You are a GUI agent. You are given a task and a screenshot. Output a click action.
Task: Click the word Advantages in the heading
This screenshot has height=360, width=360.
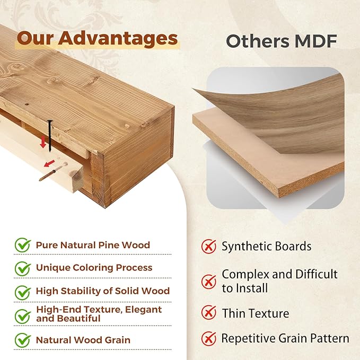pyautogui.click(x=118, y=38)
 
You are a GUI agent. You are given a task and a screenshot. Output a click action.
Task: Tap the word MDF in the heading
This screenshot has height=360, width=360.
pyautogui.click(x=315, y=41)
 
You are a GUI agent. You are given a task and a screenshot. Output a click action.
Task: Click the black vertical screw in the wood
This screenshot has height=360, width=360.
pyautogui.click(x=50, y=136)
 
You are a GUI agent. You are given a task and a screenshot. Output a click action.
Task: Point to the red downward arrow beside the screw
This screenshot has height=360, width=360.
pyautogui.click(x=43, y=142)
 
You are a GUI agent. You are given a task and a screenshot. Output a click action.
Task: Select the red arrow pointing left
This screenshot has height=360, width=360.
pyautogui.click(x=49, y=163)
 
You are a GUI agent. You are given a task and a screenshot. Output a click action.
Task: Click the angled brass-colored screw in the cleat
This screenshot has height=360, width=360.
pyautogui.click(x=53, y=171)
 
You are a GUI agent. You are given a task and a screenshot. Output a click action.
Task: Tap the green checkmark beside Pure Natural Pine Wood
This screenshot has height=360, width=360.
pyautogui.click(x=23, y=245)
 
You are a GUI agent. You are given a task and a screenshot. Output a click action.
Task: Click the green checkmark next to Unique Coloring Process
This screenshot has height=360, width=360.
pyautogui.click(x=23, y=268)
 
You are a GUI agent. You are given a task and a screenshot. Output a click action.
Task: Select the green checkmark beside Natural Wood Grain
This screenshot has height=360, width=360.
pyautogui.click(x=23, y=340)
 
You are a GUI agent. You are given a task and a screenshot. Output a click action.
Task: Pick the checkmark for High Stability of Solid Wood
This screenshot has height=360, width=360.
pyautogui.click(x=23, y=293)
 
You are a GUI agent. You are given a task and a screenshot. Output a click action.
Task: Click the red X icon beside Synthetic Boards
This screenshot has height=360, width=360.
pyautogui.click(x=209, y=246)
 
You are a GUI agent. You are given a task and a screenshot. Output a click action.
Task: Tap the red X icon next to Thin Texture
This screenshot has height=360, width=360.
pyautogui.click(x=209, y=312)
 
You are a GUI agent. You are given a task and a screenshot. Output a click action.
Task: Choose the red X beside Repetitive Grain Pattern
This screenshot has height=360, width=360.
pyautogui.click(x=209, y=339)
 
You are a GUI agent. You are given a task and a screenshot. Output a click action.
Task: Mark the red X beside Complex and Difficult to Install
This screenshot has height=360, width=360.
pyautogui.click(x=209, y=282)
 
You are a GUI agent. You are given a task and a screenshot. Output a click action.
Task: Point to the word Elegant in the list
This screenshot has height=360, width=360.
pyautogui.click(x=143, y=310)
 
